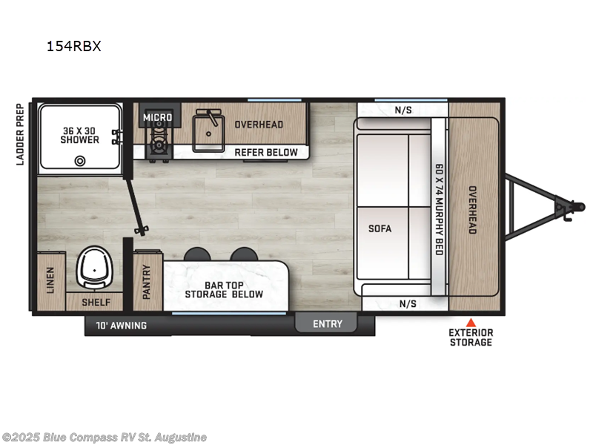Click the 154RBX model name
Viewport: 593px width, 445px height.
click(x=73, y=46)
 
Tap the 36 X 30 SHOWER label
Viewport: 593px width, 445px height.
click(x=80, y=134)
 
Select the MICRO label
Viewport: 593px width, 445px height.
click(x=157, y=117)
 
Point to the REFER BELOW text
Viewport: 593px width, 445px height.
click(x=266, y=152)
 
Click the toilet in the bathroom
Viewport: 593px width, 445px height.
click(x=95, y=265)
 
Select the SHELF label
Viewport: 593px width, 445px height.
click(x=96, y=303)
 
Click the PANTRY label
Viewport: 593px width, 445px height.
click(x=147, y=282)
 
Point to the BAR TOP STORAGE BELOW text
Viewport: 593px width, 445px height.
click(x=224, y=289)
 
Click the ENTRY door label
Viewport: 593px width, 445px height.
click(x=327, y=323)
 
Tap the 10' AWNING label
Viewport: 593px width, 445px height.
click(x=121, y=325)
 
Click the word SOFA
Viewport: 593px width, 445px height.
click(x=380, y=228)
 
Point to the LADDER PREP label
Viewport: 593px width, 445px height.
click(x=21, y=133)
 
